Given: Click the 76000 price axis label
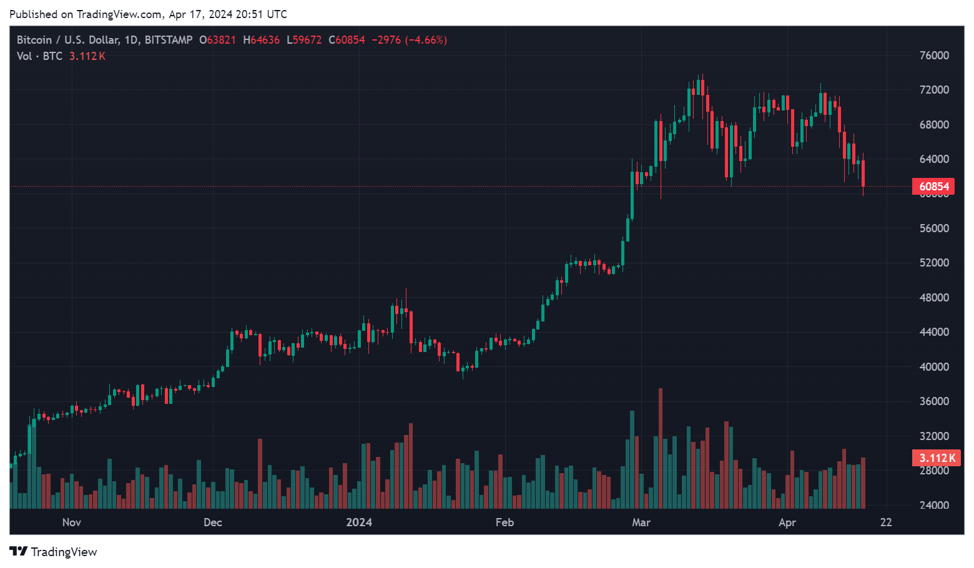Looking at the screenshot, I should coord(934,56).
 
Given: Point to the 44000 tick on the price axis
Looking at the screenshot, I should coord(934,332).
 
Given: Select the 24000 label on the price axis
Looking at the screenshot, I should coord(934,505).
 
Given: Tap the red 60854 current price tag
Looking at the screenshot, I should coord(933,187).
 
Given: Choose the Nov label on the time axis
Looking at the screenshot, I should coord(72,522).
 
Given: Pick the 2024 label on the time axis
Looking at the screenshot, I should coord(359,522).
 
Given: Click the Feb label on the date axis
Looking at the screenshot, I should coord(504,522).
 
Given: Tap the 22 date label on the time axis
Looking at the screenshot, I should coord(886,522).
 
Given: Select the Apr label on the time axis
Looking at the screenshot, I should coord(787,522).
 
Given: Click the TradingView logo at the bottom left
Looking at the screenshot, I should coord(54,552).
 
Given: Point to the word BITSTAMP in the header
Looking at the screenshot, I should coord(169,40).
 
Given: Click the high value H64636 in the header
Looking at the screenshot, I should coord(262,40).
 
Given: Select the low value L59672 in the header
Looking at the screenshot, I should coord(304,40).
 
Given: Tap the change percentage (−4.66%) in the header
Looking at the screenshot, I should coord(426,40).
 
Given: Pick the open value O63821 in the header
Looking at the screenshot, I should coord(217,40).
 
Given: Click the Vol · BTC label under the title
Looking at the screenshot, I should coord(40,56).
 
